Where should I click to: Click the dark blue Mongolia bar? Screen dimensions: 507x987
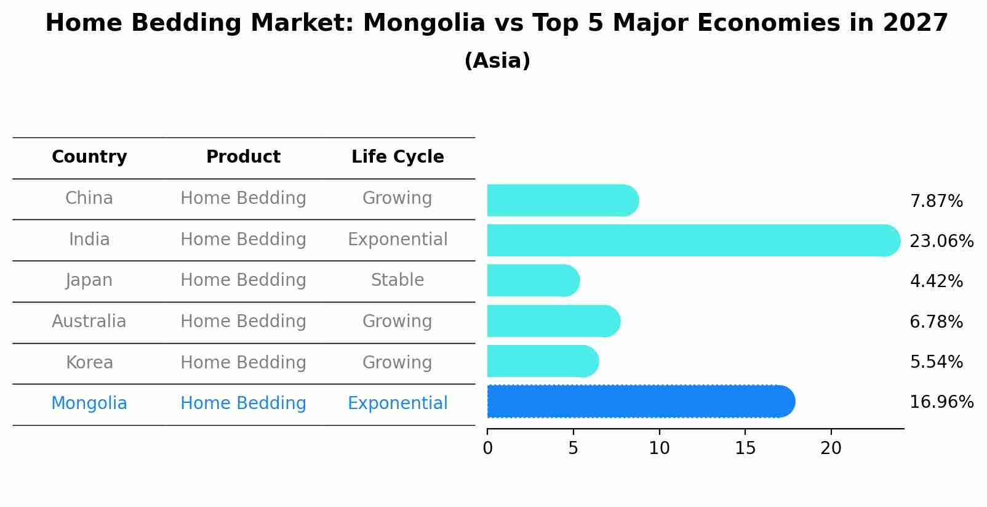640,402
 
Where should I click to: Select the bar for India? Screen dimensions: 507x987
692,240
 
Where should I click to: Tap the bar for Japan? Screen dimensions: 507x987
532,281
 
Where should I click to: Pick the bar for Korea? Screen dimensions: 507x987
542,362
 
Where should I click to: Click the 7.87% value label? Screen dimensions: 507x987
936,201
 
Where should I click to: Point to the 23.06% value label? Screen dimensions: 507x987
941,241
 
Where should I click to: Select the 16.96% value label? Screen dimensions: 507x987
941,402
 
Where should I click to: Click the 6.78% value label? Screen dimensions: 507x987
936,322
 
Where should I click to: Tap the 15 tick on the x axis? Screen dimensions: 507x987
745,448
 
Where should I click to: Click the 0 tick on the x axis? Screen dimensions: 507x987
487,448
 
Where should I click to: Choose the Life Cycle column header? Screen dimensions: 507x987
398,157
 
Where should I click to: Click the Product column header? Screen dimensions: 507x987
243,157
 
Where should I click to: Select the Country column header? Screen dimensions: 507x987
89,157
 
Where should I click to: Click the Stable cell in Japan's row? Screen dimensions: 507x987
398,280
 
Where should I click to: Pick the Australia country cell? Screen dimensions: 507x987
89,322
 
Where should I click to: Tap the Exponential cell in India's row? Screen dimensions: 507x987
398,240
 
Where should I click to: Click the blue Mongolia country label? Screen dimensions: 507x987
89,404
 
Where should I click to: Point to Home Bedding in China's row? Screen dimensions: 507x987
243,198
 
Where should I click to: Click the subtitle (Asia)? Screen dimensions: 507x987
497,61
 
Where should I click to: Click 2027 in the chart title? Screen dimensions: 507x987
915,23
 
